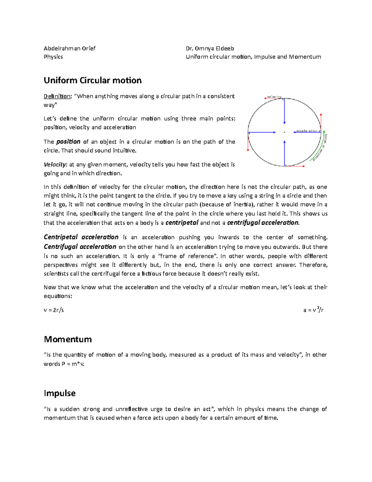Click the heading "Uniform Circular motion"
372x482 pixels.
click(x=92, y=80)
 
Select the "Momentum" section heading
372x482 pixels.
click(x=68, y=339)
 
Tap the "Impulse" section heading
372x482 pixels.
click(x=60, y=393)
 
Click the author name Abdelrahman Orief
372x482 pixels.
click(x=69, y=48)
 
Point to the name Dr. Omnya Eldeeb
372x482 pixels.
click(x=210, y=48)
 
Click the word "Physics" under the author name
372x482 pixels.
click(x=53, y=57)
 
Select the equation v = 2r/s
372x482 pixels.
click(x=54, y=310)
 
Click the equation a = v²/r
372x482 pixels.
click(x=313, y=310)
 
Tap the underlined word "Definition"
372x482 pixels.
click(x=57, y=96)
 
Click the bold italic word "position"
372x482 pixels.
click(x=68, y=142)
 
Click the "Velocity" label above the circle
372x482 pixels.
click(x=274, y=97)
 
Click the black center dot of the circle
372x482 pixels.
click(x=284, y=133)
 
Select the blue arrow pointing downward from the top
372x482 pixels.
click(x=284, y=112)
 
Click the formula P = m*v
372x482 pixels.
click(x=73, y=364)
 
